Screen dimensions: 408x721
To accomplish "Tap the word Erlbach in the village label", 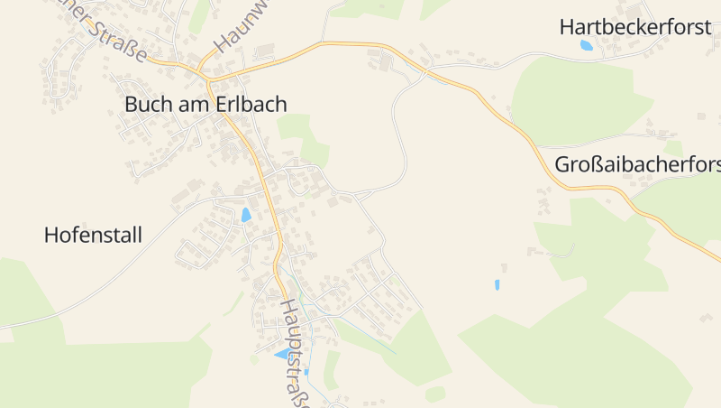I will (x=252, y=105).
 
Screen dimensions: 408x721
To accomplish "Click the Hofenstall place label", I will (x=93, y=236).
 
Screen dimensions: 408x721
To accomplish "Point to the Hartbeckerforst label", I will (x=635, y=26).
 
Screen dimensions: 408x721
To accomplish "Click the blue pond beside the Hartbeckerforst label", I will (x=587, y=44).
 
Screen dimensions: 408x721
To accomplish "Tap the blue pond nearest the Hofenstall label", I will (x=246, y=215).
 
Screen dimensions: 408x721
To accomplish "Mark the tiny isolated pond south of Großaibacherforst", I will (x=497, y=284).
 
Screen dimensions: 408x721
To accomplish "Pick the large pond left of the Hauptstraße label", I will (x=283, y=353).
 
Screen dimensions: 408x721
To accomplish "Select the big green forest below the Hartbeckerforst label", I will (x=577, y=99).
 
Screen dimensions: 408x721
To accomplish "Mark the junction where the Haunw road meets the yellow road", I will (x=204, y=69).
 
